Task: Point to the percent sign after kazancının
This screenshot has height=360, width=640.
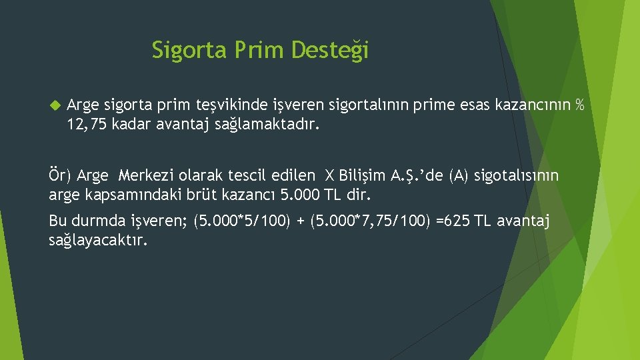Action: tap(579, 105)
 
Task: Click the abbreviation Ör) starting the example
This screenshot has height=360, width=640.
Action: tap(61, 175)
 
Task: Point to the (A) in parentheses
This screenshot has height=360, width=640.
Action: tap(459, 175)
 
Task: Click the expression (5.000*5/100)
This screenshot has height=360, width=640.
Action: tap(241, 221)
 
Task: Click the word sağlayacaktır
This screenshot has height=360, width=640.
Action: tap(98, 239)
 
